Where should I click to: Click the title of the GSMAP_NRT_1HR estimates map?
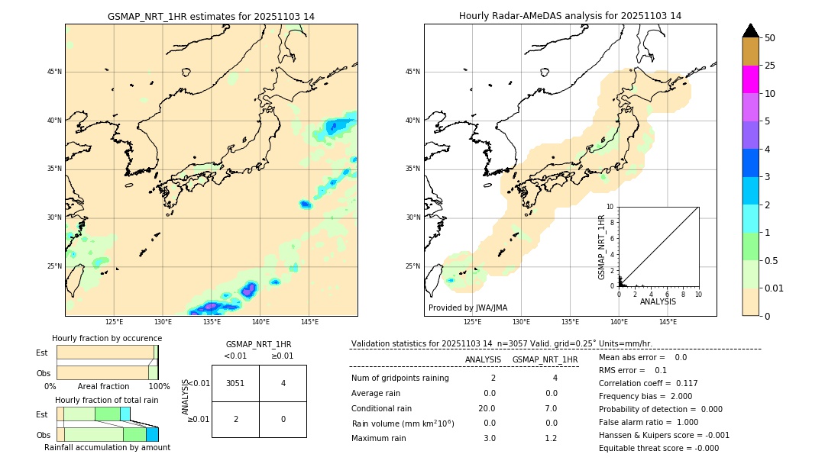coord(211,16)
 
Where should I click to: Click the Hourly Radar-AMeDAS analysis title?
coord(570,16)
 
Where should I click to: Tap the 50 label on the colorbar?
coord(770,38)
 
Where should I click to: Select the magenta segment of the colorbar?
coord(751,79)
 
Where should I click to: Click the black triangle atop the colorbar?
coord(751,31)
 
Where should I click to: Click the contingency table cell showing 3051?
coord(235,383)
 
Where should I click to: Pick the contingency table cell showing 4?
coord(283,383)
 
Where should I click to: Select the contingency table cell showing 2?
coord(235,419)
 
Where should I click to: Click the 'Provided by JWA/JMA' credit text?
coord(467,308)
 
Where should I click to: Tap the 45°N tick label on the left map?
coord(54,72)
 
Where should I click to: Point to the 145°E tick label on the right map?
coord(668,322)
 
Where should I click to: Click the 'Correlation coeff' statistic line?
coord(648,383)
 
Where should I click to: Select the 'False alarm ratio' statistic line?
coord(649,422)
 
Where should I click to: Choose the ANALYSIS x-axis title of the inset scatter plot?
coord(658,301)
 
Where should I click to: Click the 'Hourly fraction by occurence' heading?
coord(107,338)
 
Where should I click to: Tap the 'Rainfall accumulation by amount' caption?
coord(107,447)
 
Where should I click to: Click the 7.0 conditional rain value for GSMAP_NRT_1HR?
coord(551,408)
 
